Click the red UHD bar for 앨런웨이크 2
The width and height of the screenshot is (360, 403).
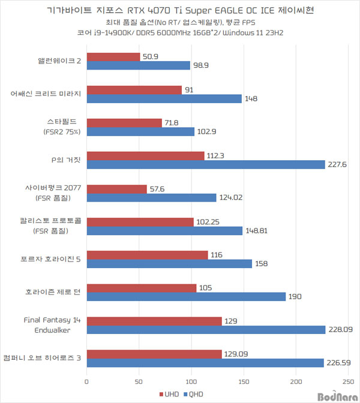(x=113, y=57)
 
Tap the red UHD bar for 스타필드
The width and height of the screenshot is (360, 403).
(x=124, y=123)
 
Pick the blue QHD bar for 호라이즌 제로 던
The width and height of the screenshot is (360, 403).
(x=186, y=296)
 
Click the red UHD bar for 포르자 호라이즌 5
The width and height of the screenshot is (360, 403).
(x=148, y=255)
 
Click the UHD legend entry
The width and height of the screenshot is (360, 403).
(x=169, y=393)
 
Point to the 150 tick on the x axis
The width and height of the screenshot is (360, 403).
(x=244, y=380)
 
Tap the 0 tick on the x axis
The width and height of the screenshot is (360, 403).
(x=87, y=380)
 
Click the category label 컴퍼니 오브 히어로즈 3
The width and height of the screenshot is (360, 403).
(x=46, y=357)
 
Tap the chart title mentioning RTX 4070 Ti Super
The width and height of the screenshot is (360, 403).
(x=180, y=11)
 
